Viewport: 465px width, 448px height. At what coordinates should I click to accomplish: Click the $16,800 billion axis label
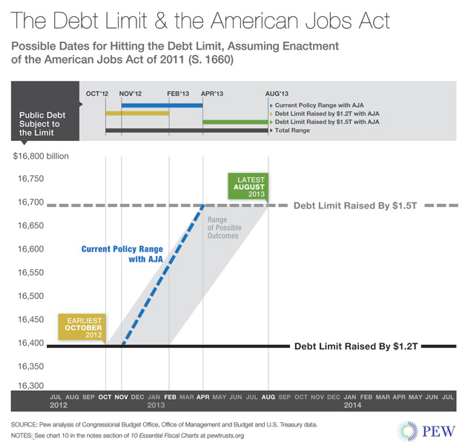pyautogui.click(x=43, y=156)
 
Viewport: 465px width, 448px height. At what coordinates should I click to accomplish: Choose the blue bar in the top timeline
pyautogui.click(x=162, y=105)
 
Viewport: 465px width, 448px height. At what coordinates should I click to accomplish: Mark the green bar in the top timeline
pyautogui.click(x=234, y=122)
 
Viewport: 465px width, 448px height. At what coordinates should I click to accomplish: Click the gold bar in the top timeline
pyautogui.click(x=137, y=113)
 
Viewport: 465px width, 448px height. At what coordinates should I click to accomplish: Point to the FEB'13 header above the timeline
pyautogui.click(x=178, y=93)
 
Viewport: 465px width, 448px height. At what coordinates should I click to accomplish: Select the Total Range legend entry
pyautogui.click(x=295, y=130)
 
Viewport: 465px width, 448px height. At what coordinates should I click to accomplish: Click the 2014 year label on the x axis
pyautogui.click(x=352, y=406)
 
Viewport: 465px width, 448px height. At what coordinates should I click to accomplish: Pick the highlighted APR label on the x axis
pyautogui.click(x=202, y=398)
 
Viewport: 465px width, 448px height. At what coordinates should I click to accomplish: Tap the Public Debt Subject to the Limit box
pyautogui.click(x=46, y=125)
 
